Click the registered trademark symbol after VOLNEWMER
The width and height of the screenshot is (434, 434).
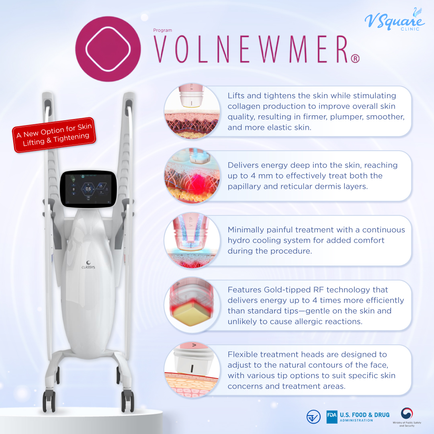355,59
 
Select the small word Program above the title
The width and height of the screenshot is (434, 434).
162,31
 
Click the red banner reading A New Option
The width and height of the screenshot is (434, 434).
54,135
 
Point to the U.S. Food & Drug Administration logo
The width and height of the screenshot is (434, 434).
358,417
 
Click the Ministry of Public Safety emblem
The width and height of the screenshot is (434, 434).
407,414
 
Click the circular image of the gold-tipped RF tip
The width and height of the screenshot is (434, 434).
192,305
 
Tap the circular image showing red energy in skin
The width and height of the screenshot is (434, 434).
192,176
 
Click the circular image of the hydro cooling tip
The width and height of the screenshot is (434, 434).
192,241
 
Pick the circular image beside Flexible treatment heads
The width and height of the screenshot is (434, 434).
192,370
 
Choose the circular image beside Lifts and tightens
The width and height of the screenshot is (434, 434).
192,111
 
